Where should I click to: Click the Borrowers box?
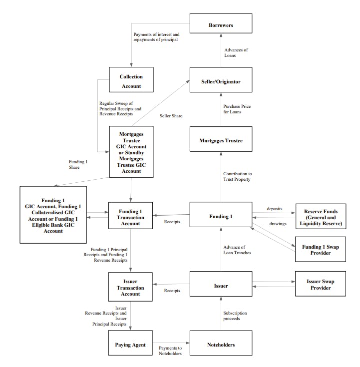pyautogui.click(x=221, y=23)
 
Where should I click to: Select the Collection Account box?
pyautogui.click(x=131, y=79)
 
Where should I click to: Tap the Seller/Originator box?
pyautogui.click(x=221, y=80)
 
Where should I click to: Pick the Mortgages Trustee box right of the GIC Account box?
pyautogui.click(x=221, y=139)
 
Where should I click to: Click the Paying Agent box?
pyautogui.click(x=130, y=343)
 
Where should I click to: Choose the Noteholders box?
pyautogui.click(x=221, y=343)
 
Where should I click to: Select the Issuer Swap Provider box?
pyautogui.click(x=321, y=284)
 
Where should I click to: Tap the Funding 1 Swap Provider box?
pyautogui.click(x=321, y=249)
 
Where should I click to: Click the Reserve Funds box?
pyautogui.click(x=321, y=216)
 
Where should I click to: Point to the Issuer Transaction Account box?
pyautogui.click(x=130, y=287)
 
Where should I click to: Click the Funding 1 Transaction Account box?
pyautogui.click(x=130, y=216)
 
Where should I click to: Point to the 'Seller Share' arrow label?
pyautogui.click(x=171, y=116)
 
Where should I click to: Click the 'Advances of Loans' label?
pyautogui.click(x=236, y=52)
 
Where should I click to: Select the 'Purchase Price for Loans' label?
pyautogui.click(x=237, y=109)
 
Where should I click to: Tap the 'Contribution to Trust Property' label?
pyautogui.click(x=237, y=176)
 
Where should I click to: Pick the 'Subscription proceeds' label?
pyautogui.click(x=235, y=316)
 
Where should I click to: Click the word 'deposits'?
pyautogui.click(x=274, y=209)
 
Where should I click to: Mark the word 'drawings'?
pyautogui.click(x=278, y=224)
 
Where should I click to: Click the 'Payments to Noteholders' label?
pyautogui.click(x=170, y=351)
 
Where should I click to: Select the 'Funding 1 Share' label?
pyautogui.click(x=78, y=164)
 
